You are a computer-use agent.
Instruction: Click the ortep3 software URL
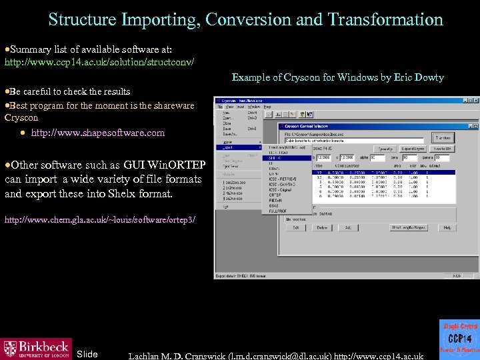[x=100, y=219]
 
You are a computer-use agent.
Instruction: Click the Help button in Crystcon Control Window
[x=447, y=228]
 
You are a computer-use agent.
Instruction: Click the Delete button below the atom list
[x=322, y=228]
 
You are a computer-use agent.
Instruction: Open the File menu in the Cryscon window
[x=219, y=107]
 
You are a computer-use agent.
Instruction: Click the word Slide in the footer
[x=87, y=353]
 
